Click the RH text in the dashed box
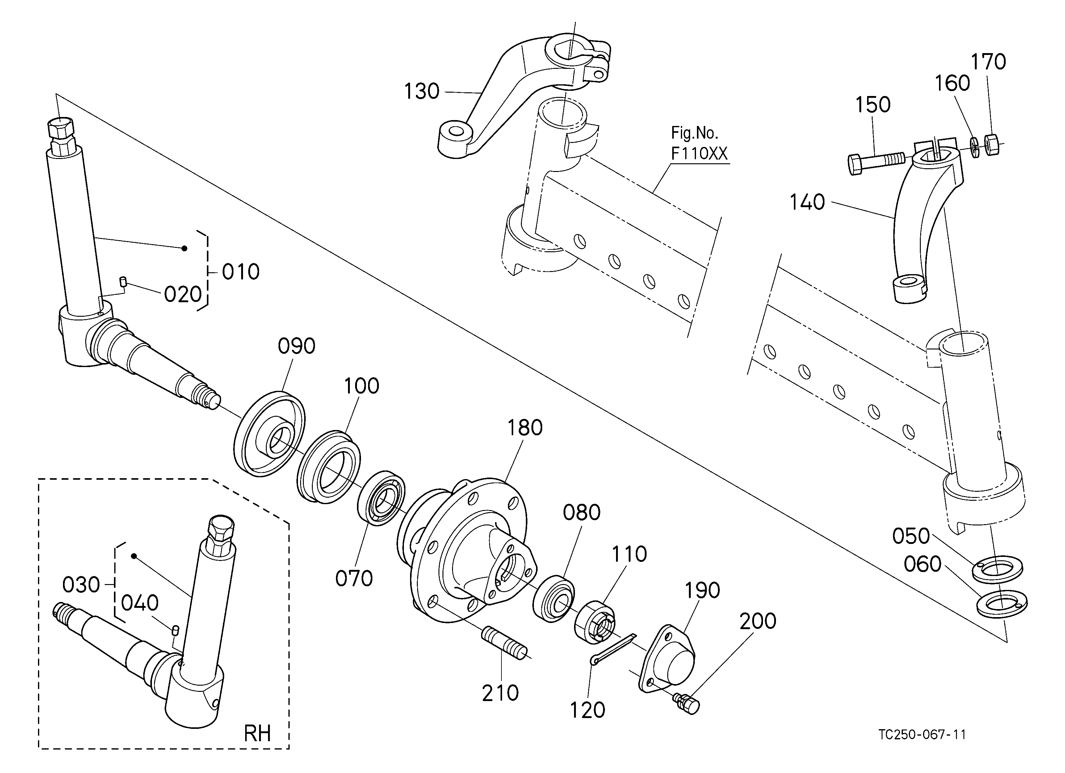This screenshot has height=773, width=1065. tap(257, 733)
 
